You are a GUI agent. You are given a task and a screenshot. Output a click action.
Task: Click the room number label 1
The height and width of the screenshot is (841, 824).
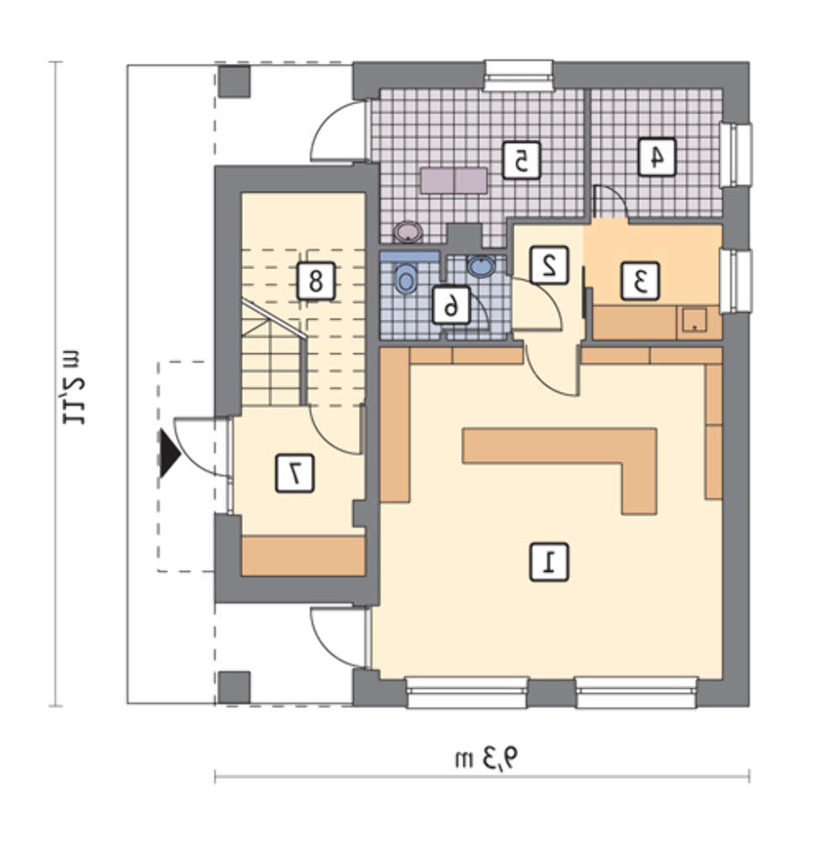549,562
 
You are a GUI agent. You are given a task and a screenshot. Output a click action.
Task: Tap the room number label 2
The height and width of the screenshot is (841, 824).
549,265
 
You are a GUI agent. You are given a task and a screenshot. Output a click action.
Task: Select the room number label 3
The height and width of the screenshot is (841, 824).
640,281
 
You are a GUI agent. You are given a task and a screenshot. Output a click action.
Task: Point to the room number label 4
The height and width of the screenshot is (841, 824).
657,156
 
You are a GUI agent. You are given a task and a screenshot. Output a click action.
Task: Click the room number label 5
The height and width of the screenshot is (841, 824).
521,160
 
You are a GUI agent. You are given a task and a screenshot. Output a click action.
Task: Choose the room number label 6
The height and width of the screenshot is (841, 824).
452,305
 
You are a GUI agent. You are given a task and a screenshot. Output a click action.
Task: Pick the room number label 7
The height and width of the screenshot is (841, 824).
295,473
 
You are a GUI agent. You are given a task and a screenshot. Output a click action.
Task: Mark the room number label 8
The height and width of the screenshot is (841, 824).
316,281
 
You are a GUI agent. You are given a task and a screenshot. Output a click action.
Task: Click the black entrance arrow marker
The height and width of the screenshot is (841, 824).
170,453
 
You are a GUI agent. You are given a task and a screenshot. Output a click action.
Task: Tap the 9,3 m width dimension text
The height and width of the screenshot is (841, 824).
488,759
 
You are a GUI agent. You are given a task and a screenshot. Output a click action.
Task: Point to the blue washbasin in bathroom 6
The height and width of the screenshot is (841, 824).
482,266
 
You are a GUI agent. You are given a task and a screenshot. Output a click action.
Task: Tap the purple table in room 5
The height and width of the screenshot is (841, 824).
454,181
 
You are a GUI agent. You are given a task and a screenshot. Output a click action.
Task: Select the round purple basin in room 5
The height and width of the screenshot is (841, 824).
409,232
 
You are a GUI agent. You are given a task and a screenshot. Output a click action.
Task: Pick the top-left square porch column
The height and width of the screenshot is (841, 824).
235,82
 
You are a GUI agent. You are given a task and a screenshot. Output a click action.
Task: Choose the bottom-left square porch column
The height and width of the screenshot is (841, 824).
235,687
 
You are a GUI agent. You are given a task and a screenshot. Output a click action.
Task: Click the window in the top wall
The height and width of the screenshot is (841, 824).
518,76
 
